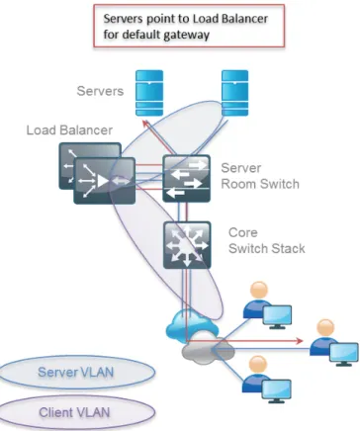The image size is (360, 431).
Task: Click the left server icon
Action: pos(149,93)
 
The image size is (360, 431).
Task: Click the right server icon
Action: pos(234,93)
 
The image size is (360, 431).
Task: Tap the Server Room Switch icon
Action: pos(186,178)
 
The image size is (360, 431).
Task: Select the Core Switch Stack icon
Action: pos(187,245)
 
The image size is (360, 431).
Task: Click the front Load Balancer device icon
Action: pos(105,181)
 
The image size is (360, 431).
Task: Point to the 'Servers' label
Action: pos(100,91)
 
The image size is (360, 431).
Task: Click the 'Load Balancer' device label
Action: pos(69,130)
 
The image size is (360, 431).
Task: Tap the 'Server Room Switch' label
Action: pos(260,176)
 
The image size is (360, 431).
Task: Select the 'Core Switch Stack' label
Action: pos(267,240)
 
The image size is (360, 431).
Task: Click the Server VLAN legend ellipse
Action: pos(76,373)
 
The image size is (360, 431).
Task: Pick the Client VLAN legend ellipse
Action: pos(76,412)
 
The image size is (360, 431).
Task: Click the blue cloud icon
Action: pos(191,323)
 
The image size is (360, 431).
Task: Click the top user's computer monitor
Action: pos(277,317)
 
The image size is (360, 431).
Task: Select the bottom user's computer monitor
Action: pos(277,391)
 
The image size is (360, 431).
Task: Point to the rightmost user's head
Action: pos(325,328)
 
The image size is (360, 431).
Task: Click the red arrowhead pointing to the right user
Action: pos(299,341)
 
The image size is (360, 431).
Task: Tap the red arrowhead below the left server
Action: pos(146,124)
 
